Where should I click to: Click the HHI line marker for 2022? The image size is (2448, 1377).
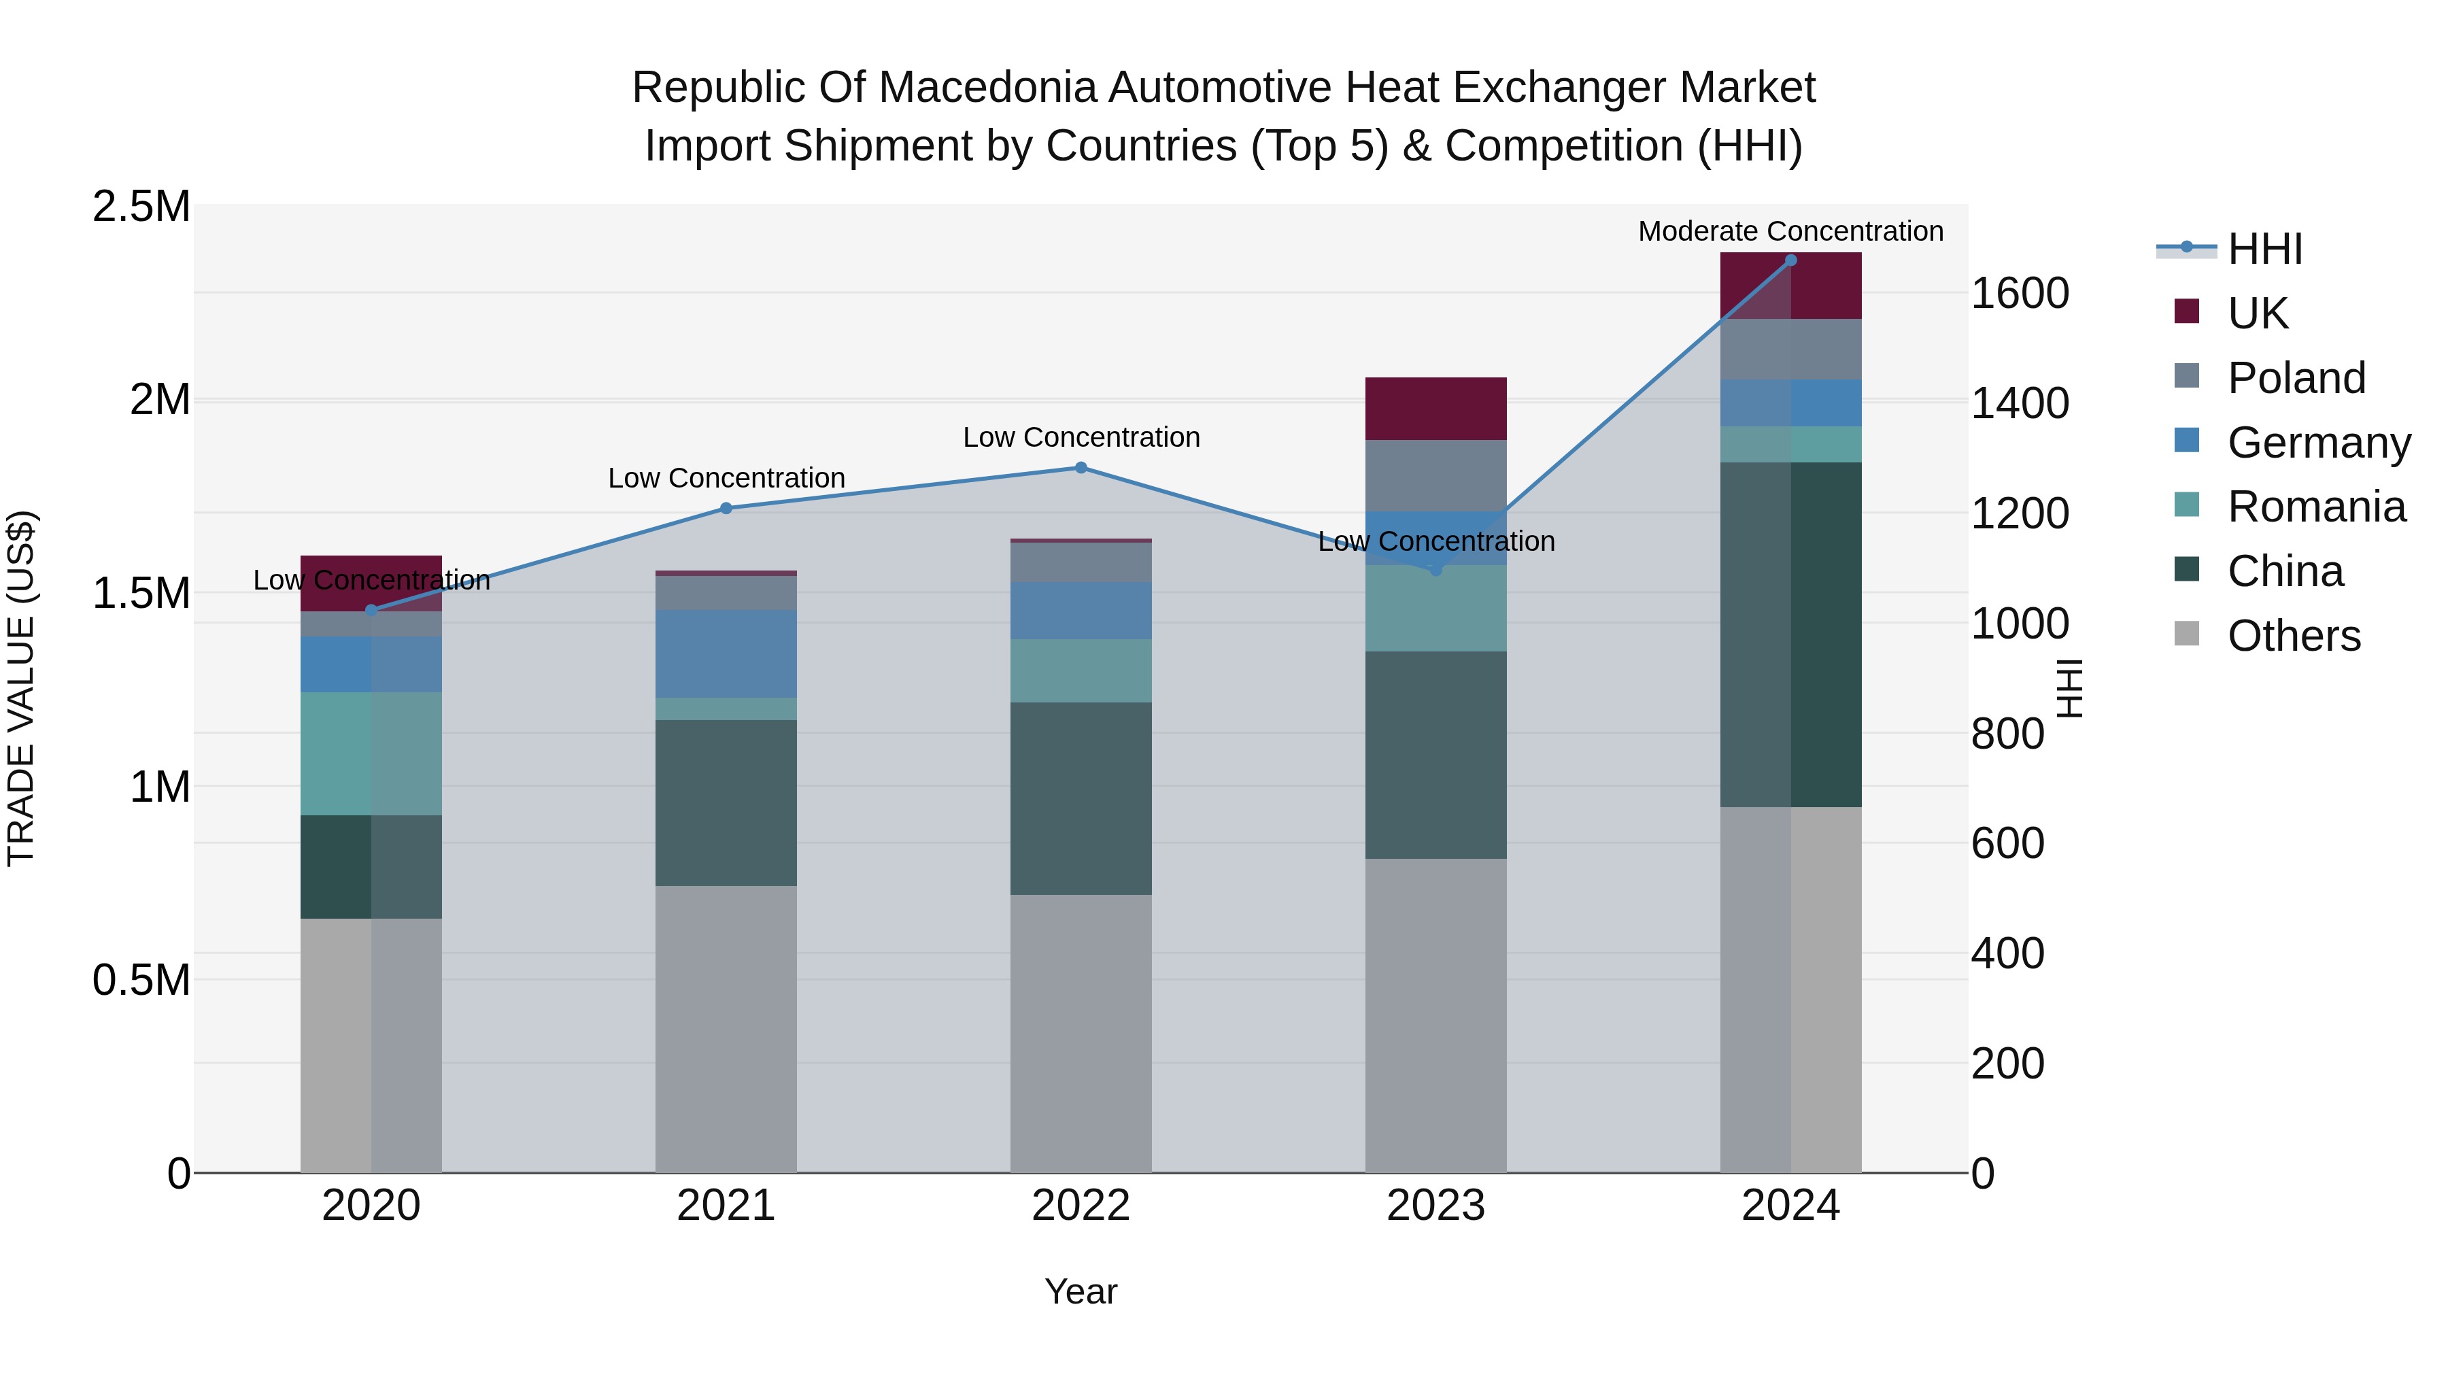coord(1081,468)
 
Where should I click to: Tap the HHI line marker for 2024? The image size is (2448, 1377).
coord(1790,260)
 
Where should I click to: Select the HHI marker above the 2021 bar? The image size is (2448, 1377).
coord(726,509)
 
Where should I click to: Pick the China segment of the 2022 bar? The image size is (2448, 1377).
coord(1081,798)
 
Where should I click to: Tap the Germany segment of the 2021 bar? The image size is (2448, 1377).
coord(726,653)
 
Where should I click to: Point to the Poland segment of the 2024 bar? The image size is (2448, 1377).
coord(1790,349)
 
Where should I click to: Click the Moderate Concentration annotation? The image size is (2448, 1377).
coord(1790,231)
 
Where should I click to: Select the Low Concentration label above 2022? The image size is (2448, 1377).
coord(1081,437)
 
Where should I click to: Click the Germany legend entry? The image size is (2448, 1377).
coord(2319,443)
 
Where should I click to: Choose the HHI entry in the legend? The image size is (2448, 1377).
coord(2264,249)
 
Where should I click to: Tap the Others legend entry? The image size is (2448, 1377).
coord(2293,636)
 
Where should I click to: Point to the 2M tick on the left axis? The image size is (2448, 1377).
coord(160,400)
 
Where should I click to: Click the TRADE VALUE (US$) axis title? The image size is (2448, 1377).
coord(21,688)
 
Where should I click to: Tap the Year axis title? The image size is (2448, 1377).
coord(1081,1291)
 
